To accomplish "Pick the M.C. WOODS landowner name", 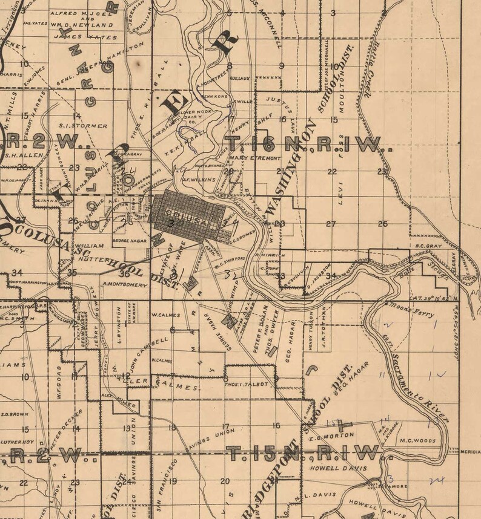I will point(417,440).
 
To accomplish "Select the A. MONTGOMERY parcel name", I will point(126,284).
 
